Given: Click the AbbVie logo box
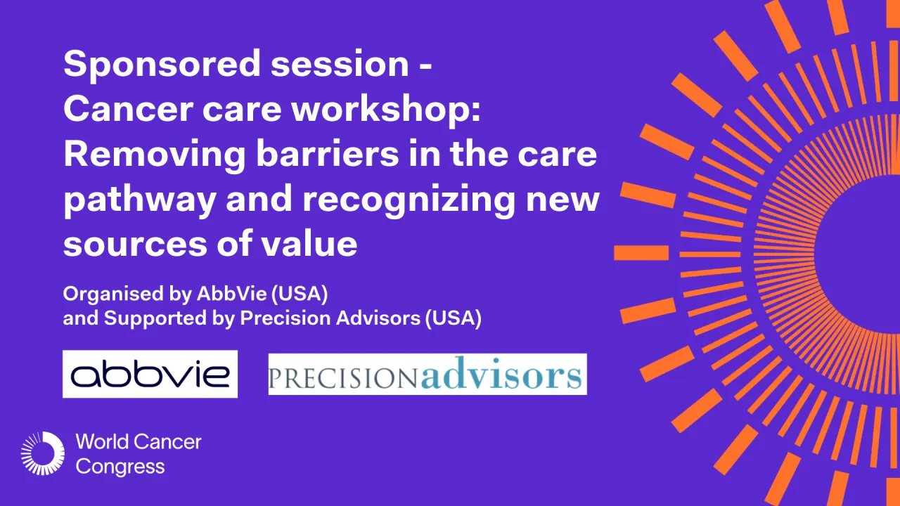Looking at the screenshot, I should pos(150,374).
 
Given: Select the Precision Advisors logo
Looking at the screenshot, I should pos(427,374).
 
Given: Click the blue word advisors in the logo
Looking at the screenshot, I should pos(502,375).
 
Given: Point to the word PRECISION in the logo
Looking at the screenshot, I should pos(345,377).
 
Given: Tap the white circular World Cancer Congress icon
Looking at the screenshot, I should pos(42,453).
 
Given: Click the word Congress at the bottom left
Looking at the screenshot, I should pos(120,466).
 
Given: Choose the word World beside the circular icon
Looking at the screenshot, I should pos(102,442).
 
